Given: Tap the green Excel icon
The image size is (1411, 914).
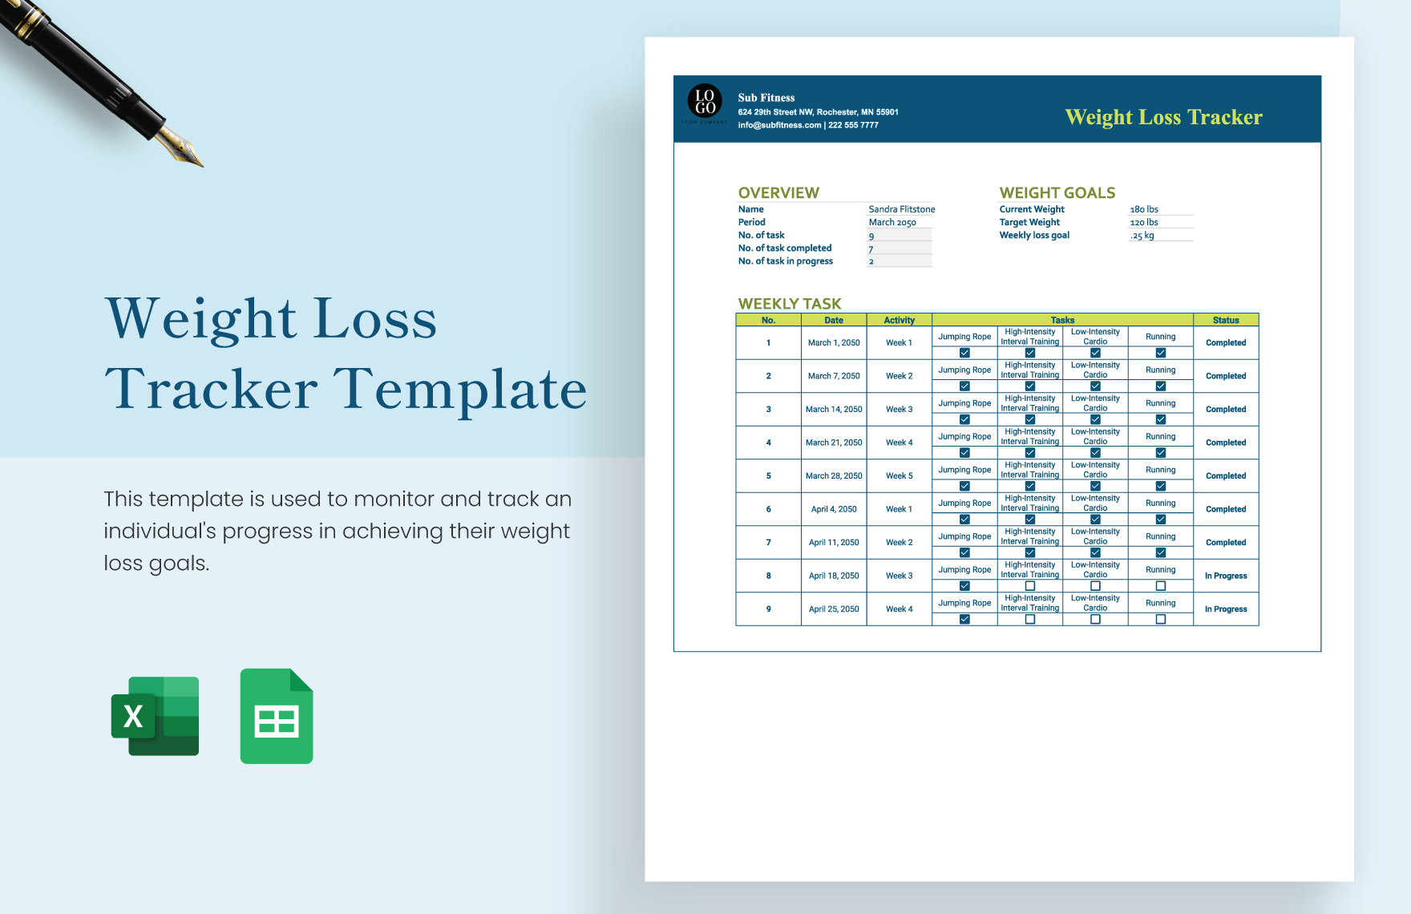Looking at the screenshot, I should point(156,716).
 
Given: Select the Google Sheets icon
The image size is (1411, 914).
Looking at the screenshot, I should point(277,716).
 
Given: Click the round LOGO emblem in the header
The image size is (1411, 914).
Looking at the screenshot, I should point(705,102).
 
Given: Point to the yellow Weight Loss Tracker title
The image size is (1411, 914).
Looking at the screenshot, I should point(1163,117).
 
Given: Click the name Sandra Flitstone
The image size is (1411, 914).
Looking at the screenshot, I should point(901,209).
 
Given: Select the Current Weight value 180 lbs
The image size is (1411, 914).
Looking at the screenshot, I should point(1144,209).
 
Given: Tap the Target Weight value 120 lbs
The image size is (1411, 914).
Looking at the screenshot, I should point(1144,222).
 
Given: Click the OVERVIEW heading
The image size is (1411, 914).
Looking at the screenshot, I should point(778,192).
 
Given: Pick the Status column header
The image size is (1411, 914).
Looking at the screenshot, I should point(1226,320).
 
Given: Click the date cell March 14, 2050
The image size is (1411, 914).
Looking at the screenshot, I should point(834,409).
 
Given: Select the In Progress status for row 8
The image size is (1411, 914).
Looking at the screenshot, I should point(1226,576).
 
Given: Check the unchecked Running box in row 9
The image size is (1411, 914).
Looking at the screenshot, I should point(1161,619).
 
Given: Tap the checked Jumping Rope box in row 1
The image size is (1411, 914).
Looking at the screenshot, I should point(964,353).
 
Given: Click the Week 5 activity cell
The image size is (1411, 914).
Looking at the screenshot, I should point(899,475).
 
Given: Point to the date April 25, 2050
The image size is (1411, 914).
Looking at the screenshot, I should point(834,609).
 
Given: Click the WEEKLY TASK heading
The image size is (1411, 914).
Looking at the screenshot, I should point(790,304).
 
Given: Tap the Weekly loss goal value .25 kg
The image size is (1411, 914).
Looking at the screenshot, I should point(1142,236).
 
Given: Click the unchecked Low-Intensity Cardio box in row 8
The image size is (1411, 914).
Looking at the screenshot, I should point(1095,586).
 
